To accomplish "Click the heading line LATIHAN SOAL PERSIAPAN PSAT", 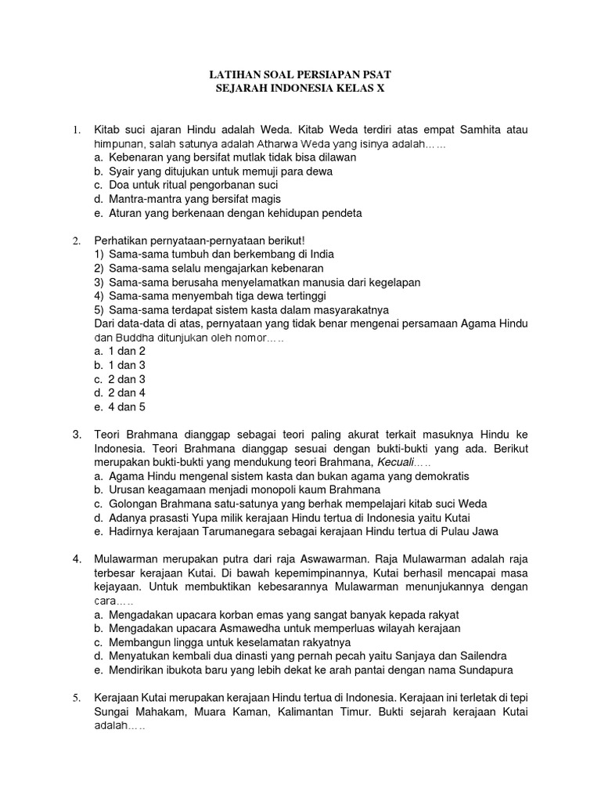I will coord(300,74).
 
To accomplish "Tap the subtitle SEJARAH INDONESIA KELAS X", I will coord(300,89).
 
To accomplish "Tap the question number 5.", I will coord(77,697).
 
